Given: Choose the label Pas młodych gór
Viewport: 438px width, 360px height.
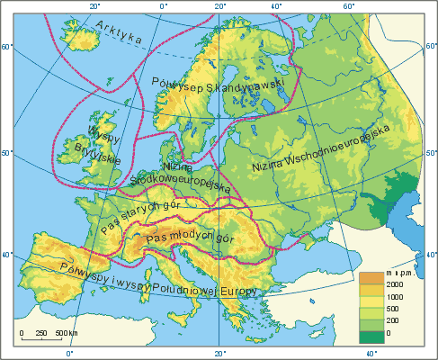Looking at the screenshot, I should pyautogui.click(x=182, y=238).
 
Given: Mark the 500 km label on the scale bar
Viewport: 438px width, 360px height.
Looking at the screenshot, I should pyautogui.click(x=55, y=333).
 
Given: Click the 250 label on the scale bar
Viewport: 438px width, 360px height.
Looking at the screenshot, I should pyautogui.click(x=39, y=333).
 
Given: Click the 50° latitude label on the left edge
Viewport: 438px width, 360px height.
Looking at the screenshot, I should pyautogui.click(x=4, y=153).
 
